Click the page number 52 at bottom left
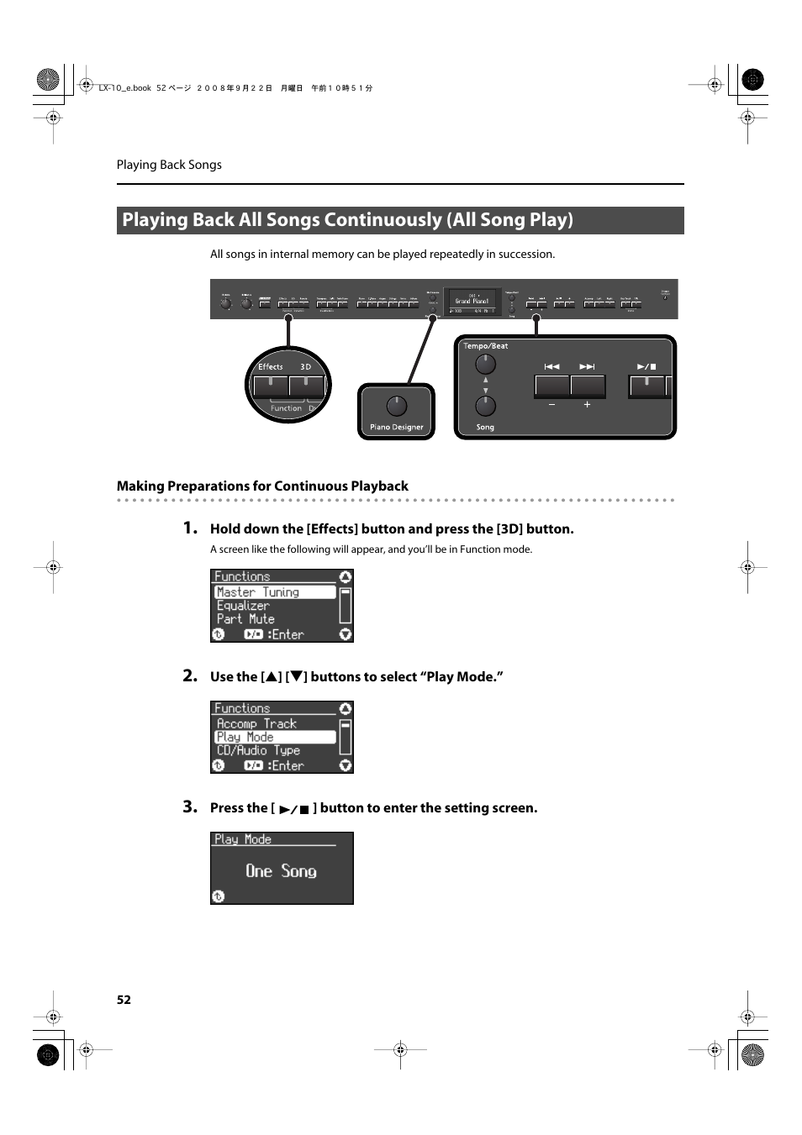pyautogui.click(x=124, y=1000)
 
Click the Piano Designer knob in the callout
pyautogui.click(x=397, y=406)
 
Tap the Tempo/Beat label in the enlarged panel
pyautogui.click(x=486, y=346)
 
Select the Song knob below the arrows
pyautogui.click(x=485, y=406)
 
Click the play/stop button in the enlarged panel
pyautogui.click(x=646, y=386)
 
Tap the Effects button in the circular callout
pyautogui.click(x=271, y=386)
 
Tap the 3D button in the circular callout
pyautogui.click(x=306, y=386)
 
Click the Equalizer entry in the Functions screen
pyautogui.click(x=243, y=606)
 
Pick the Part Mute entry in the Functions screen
pyautogui.click(x=245, y=619)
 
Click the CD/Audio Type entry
pyautogui.click(x=258, y=750)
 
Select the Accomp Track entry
pyautogui.click(x=256, y=723)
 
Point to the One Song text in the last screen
pyautogui.click(x=281, y=871)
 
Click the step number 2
pyautogui.click(x=190, y=675)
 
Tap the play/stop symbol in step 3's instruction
pyautogui.click(x=294, y=809)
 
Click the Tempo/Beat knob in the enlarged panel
pyautogui.click(x=485, y=364)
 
